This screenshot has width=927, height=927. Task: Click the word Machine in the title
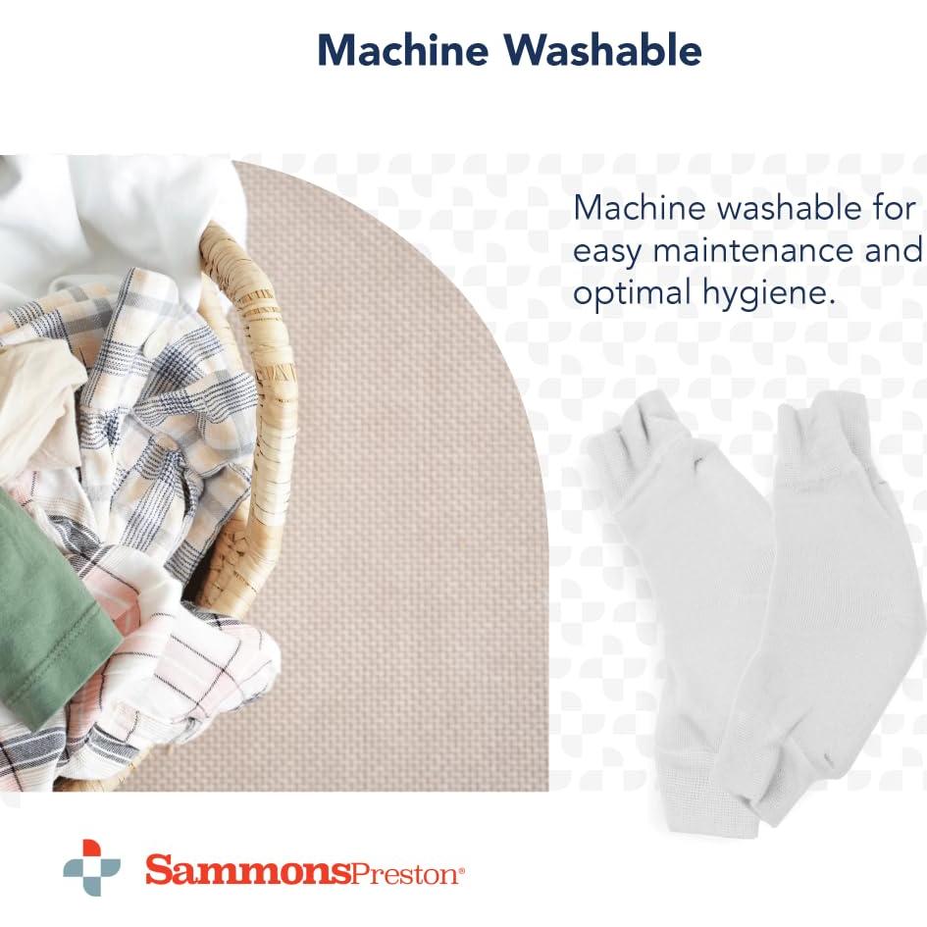[403, 50]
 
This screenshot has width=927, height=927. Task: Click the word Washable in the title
[602, 50]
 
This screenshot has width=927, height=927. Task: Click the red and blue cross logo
[91, 867]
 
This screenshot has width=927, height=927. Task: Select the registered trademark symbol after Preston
[462, 870]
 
